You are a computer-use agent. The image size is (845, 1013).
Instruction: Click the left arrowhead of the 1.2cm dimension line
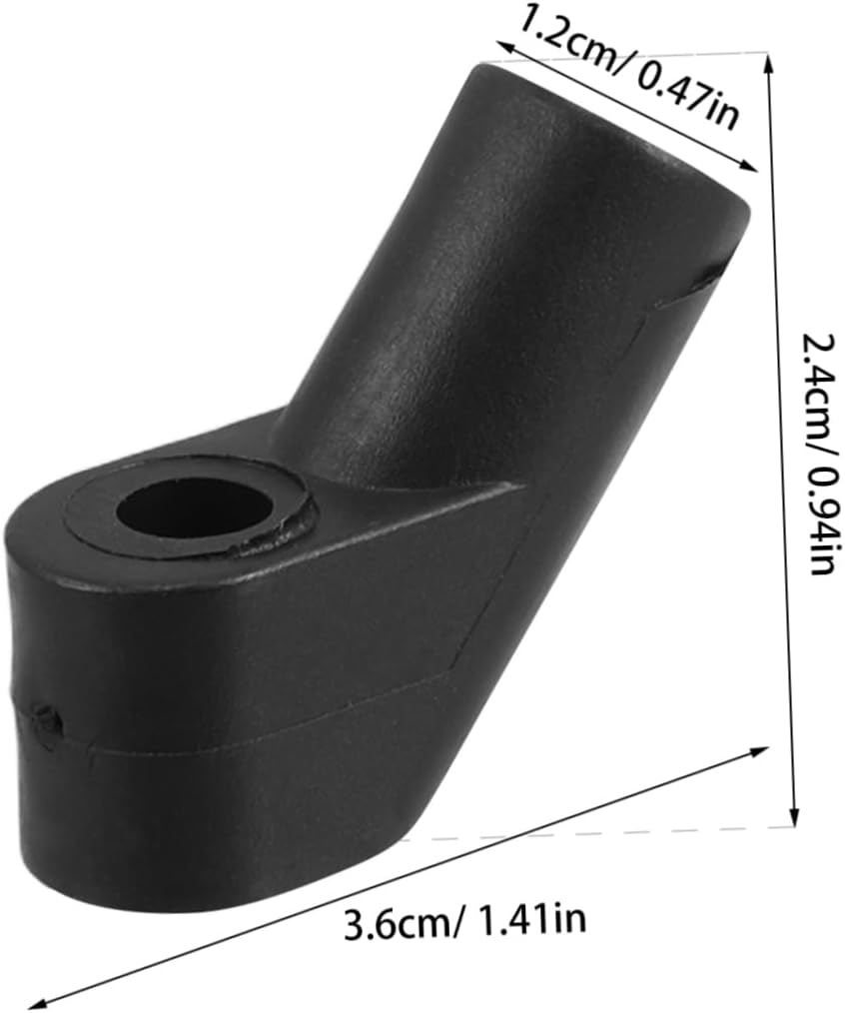(504, 44)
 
